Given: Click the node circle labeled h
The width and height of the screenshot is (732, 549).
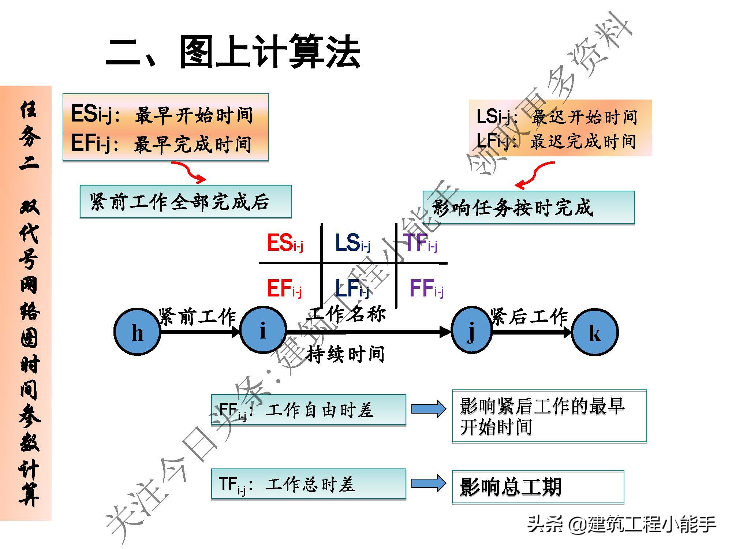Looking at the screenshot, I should (137, 332).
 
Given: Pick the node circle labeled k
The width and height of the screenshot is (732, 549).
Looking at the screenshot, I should (595, 332).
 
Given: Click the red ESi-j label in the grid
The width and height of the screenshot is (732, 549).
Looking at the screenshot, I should (285, 243).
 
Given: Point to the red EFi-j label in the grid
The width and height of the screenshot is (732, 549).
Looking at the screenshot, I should (284, 288).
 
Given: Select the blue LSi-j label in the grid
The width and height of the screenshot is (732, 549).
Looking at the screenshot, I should (352, 243).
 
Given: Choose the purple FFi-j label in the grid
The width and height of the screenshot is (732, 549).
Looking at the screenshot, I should (426, 288).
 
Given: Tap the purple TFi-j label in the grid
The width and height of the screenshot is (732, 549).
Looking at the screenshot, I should (420, 243).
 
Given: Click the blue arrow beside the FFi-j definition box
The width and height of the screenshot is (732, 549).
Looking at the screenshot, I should (429, 409).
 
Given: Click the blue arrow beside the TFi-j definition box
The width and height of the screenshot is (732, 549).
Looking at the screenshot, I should (429, 483).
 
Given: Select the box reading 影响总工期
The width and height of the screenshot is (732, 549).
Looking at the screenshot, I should (538, 487).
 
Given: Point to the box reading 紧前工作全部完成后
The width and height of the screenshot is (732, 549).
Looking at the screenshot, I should (186, 202).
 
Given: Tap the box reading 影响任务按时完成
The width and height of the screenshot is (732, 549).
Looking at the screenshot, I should (529, 208).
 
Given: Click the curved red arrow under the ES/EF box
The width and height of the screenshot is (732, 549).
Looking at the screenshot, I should (189, 172).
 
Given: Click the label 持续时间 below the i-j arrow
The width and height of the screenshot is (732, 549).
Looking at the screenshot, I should (346, 354).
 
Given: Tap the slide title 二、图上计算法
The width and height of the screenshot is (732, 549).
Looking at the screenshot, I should (233, 52).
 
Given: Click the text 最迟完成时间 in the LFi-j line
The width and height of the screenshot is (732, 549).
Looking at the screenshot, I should (583, 141).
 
